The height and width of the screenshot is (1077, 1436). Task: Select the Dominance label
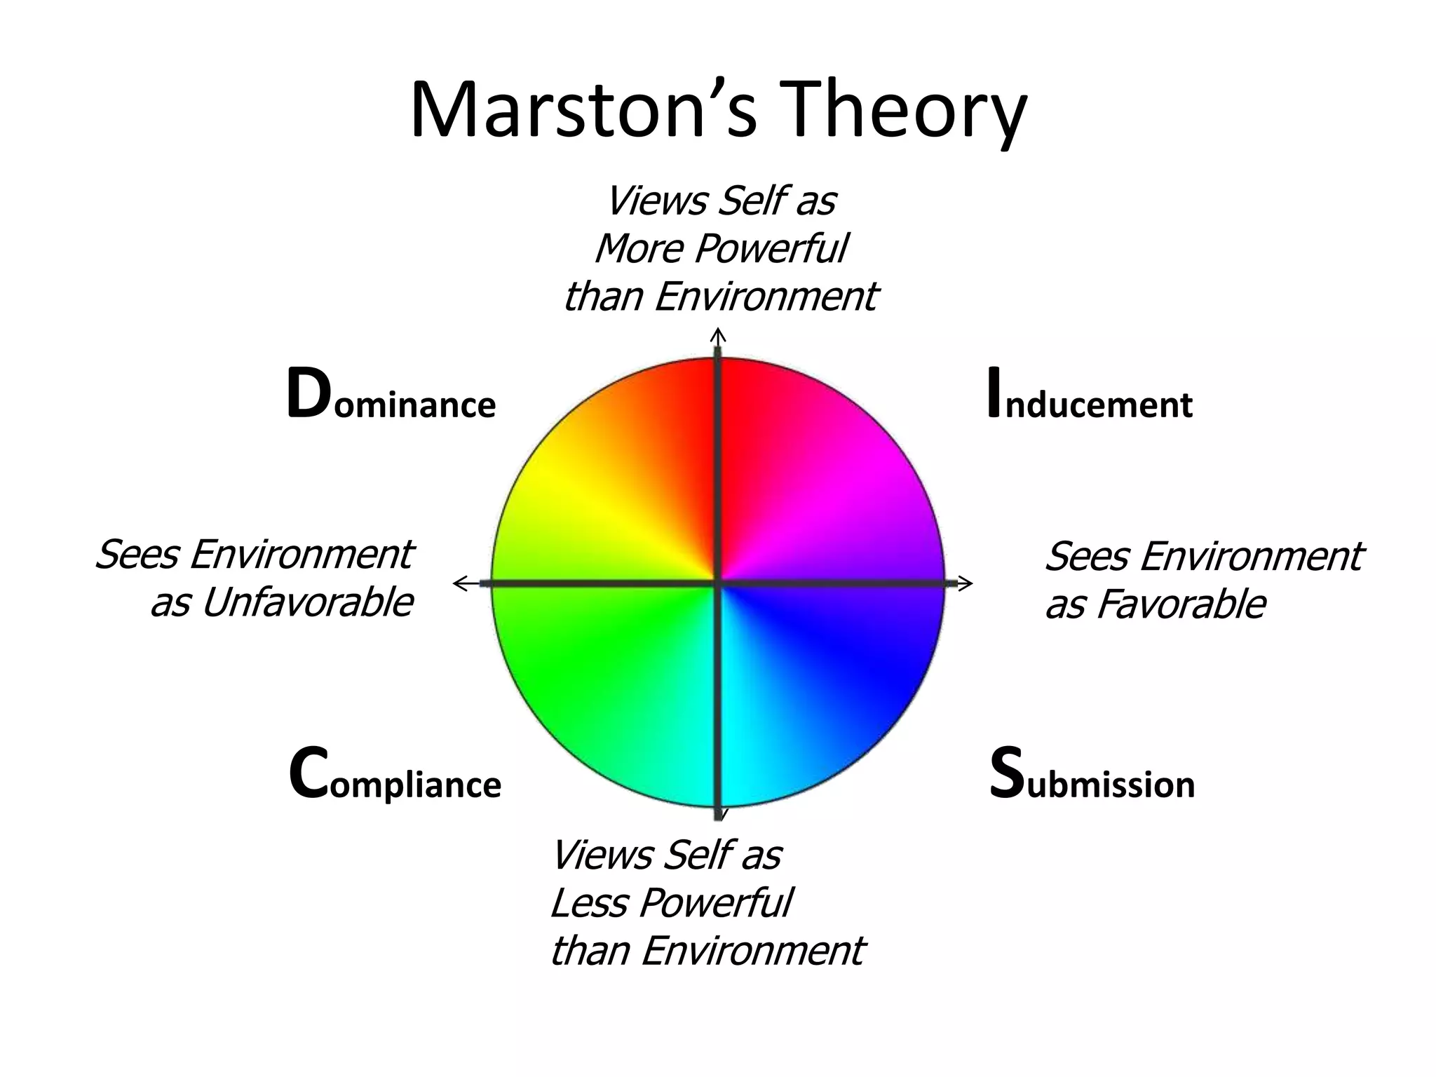pyautogui.click(x=391, y=397)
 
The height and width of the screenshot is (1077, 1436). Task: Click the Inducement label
pyautogui.click(x=1089, y=397)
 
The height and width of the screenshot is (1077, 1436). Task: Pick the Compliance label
pyautogui.click(x=395, y=775)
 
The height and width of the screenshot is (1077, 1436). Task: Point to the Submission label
pyautogui.click(x=1092, y=775)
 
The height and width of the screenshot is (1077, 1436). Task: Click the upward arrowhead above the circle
pyautogui.click(x=718, y=334)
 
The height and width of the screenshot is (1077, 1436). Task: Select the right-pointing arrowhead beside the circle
pyautogui.click(x=966, y=583)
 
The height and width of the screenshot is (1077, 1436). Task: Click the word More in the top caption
pyautogui.click(x=639, y=249)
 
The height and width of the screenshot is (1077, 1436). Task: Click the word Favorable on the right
pyautogui.click(x=1181, y=605)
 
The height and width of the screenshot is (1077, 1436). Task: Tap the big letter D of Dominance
pyautogui.click(x=308, y=394)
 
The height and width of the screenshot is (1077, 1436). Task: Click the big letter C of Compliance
pyautogui.click(x=308, y=774)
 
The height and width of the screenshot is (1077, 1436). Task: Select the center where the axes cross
pyautogui.click(x=718, y=583)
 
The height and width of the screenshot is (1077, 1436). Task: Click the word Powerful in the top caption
pyautogui.click(x=772, y=249)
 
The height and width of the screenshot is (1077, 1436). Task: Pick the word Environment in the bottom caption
pyautogui.click(x=753, y=951)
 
